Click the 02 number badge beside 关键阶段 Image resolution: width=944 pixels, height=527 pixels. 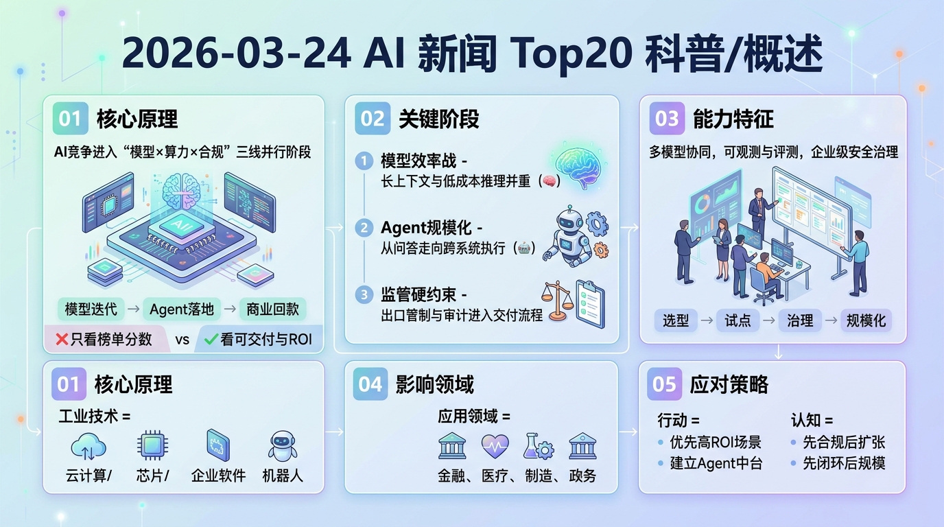[x=373, y=119]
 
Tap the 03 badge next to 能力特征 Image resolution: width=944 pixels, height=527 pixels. [x=667, y=119]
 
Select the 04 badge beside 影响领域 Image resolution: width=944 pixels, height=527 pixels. [x=370, y=384]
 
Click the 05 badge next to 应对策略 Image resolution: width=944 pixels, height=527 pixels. [x=664, y=384]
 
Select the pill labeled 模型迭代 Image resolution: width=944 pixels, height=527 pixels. [x=91, y=309]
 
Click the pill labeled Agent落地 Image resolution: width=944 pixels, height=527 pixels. [x=182, y=309]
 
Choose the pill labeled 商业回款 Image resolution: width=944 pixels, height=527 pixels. [x=272, y=309]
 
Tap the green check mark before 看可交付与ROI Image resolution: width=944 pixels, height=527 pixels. [x=211, y=339]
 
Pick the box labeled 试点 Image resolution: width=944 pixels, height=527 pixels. [x=737, y=320]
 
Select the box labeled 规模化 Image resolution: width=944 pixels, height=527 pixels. [x=866, y=320]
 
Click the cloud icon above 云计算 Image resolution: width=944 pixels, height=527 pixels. [x=88, y=447]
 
